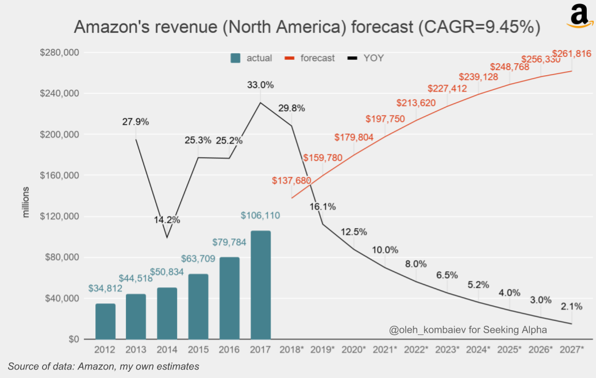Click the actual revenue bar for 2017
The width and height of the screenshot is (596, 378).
(260, 285)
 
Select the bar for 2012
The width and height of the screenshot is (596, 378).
(105, 321)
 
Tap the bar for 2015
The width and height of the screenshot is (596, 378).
(198, 306)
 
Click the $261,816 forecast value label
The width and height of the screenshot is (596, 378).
(571, 54)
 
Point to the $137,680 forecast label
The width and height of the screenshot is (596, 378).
(291, 180)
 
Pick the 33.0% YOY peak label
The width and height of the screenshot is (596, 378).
(260, 85)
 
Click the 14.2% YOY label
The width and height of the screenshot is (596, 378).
(167, 219)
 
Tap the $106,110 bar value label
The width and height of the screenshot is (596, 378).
(260, 215)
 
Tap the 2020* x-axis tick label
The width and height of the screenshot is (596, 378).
(353, 349)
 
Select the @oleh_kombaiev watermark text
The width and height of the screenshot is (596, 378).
(468, 330)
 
